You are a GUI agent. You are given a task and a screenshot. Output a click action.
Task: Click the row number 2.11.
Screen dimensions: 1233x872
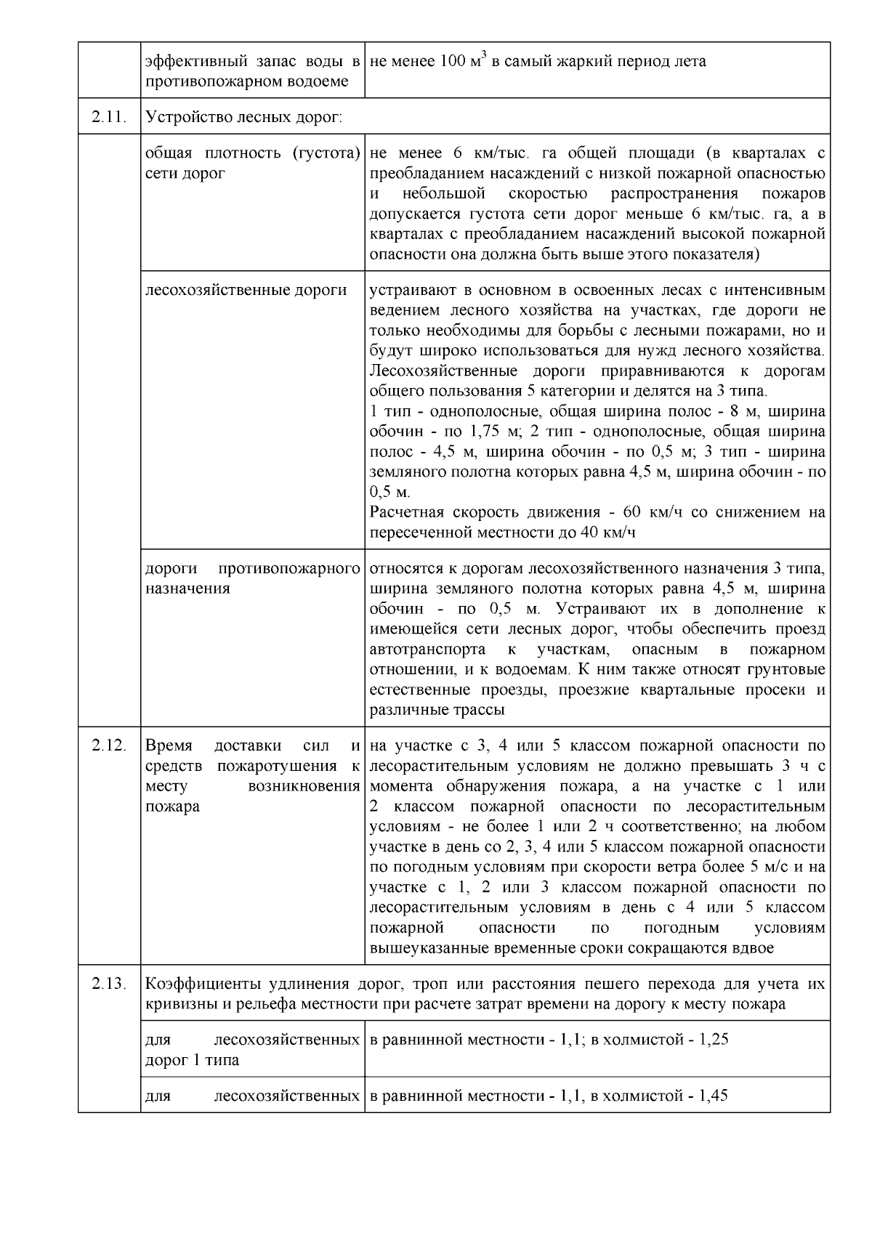pos(109,116)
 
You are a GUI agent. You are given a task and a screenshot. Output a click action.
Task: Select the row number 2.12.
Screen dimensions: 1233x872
pos(109,745)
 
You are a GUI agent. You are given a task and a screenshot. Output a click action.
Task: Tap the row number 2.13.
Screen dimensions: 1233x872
pos(109,985)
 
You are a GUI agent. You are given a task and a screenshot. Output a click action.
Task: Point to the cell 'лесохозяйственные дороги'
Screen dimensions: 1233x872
pos(246,291)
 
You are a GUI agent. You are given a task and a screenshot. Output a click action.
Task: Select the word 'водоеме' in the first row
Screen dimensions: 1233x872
pos(320,81)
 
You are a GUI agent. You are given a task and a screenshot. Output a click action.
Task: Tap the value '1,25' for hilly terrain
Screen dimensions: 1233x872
pos(713,1040)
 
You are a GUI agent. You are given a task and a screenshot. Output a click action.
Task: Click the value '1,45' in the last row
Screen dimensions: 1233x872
pos(713,1096)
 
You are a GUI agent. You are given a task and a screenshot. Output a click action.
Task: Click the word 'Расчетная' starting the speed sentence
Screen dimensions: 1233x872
pos(403,512)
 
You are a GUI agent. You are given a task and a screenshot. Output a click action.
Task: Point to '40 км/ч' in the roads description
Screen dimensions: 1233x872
pos(609,533)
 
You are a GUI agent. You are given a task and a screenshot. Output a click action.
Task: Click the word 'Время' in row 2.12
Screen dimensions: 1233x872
pos(169,745)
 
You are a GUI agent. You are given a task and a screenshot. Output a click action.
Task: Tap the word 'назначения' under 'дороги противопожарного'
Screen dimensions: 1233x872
pos(187,589)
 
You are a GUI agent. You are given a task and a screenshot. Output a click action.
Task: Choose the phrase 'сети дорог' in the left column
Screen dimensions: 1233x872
pos(185,174)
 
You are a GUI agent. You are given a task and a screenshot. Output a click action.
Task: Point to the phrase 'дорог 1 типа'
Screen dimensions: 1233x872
pos(192,1060)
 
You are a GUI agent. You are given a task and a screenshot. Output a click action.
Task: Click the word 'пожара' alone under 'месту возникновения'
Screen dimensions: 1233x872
pos(172,806)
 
